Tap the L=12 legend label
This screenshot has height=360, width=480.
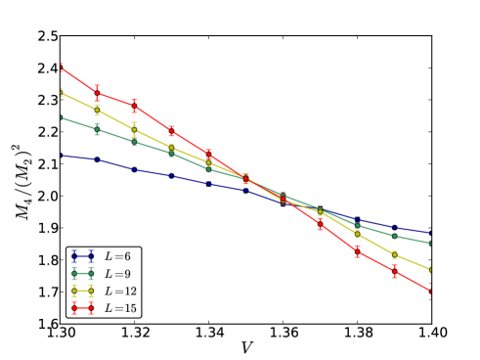[x=122, y=292]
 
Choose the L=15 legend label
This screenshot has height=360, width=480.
[x=122, y=309]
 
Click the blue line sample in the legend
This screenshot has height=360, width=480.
[x=82, y=256]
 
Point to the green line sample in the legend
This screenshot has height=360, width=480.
[x=82, y=274]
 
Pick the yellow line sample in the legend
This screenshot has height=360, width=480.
[x=82, y=292]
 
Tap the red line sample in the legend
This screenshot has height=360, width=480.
[x=82, y=309]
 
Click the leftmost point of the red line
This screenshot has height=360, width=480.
[x=61, y=67]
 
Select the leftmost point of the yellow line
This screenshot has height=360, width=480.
[x=61, y=93]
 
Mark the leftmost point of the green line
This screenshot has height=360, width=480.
[x=61, y=117]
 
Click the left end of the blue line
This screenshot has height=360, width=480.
[x=61, y=155]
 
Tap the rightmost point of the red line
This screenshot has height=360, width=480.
[x=431, y=291]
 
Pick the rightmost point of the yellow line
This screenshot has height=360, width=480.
[x=431, y=269]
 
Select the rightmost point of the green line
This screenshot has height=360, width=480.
[x=431, y=243]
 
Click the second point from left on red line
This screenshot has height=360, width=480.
[x=97, y=93]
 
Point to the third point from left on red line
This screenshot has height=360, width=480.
[x=134, y=106]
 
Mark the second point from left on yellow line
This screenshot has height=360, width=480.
[x=97, y=110]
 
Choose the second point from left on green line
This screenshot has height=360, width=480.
[x=97, y=129]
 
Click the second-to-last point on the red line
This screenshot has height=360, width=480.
[x=394, y=272]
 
